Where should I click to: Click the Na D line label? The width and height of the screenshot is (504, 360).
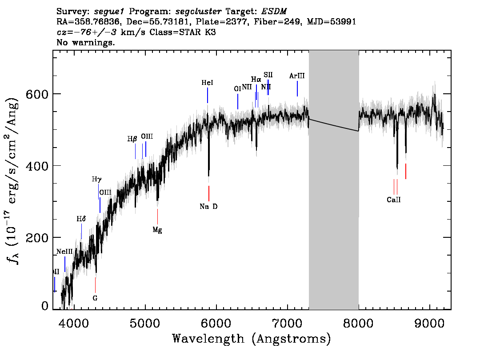coord(208,207)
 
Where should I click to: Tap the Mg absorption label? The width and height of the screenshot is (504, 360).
coord(157,230)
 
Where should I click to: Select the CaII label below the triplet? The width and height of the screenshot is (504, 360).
coord(394,200)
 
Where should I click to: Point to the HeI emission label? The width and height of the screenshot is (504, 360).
coord(208,83)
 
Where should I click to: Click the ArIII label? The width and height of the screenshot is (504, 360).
coord(297,76)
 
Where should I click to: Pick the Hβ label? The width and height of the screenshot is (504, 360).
coord(132,139)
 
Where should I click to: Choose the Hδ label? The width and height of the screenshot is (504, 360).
coord(81,219)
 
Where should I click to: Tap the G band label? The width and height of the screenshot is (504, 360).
coord(95,298)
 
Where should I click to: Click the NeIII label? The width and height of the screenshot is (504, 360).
coord(64,252)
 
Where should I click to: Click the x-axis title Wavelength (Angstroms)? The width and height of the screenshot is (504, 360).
coord(252,339)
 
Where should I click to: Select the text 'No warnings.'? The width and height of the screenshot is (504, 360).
coord(86,43)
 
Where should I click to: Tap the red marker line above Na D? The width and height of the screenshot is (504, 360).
coord(208,193)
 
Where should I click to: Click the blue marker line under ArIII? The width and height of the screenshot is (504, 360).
coord(297,88)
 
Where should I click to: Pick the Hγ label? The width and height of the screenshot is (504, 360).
coord(97,180)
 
